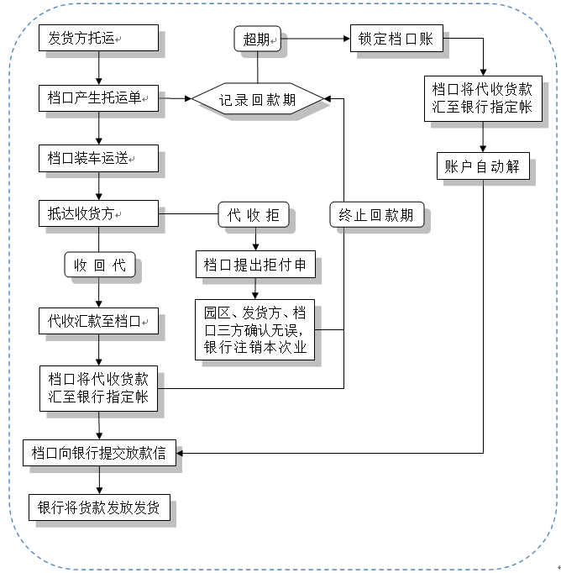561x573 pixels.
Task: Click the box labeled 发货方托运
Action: [98, 38]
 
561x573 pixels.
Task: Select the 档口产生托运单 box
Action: [98, 98]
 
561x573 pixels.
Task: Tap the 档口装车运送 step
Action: [98, 158]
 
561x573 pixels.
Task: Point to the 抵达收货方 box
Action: [98, 214]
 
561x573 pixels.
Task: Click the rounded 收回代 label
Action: [100, 265]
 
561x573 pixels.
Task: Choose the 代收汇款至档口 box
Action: [98, 320]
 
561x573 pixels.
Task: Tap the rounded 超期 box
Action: [258, 39]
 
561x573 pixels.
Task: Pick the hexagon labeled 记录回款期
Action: [258, 100]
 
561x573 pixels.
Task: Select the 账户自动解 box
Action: [482, 166]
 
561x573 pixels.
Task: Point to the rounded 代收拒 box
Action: [254, 215]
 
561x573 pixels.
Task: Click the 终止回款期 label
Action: [376, 214]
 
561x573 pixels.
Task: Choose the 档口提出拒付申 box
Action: [254, 265]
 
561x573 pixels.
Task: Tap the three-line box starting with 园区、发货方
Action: [255, 329]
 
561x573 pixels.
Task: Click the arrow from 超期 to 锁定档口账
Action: [316, 39]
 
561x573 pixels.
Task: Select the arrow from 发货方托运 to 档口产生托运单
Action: [98, 68]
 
